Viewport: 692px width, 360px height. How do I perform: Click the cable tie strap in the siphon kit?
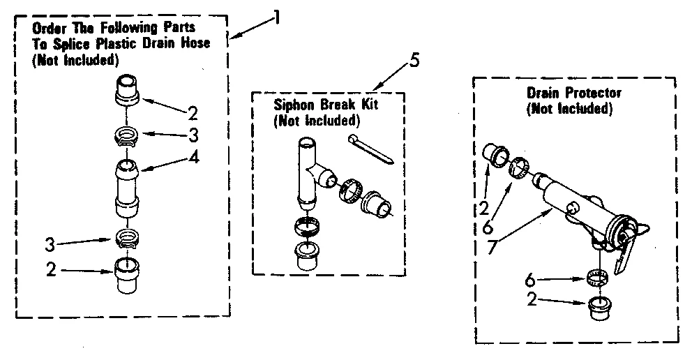coord(373,149)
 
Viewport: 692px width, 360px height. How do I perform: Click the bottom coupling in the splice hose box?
coord(127,276)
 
